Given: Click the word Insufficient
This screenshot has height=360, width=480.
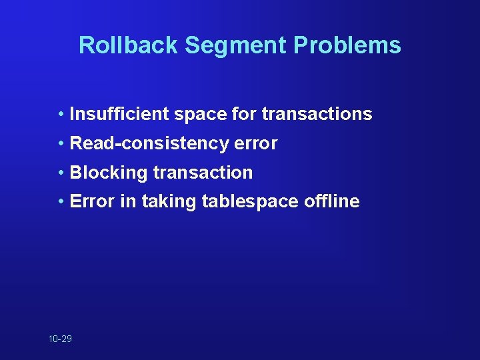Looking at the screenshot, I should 119,114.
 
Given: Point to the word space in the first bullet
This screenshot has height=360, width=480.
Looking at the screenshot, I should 200,114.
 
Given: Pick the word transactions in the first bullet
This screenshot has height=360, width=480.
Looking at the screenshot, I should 317,114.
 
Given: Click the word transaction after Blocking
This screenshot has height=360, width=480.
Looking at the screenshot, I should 203,173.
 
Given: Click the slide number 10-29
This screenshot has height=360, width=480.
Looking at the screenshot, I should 60,339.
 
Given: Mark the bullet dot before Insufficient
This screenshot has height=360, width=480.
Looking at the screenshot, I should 61,114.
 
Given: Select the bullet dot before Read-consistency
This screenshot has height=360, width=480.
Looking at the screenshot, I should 61,143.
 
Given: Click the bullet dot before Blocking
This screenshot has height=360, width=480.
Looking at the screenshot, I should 61,173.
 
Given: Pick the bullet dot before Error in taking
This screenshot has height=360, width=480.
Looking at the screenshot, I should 61,201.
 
